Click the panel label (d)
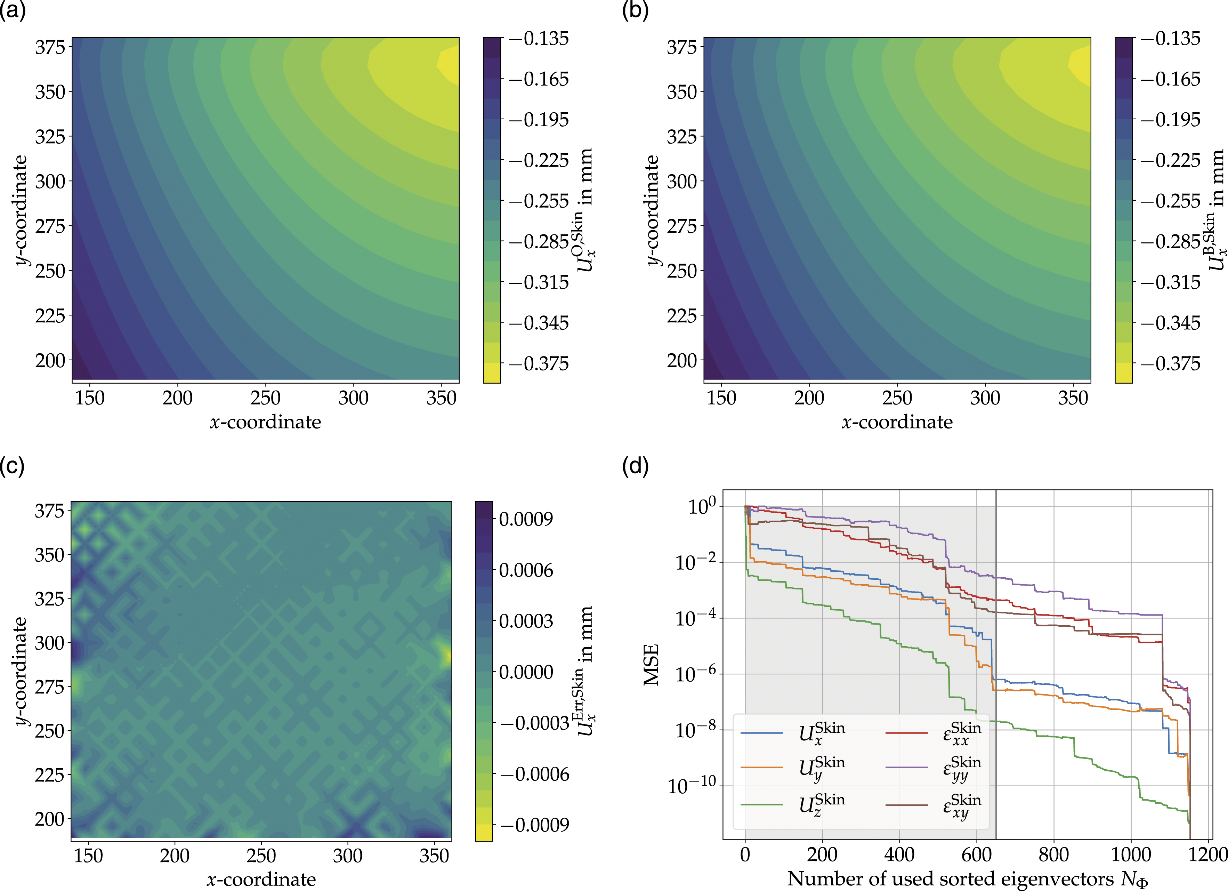(636, 466)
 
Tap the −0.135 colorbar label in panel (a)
(539, 39)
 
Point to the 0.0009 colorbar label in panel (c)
(526, 519)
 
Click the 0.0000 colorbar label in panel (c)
(526, 672)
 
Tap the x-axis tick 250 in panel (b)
(897, 398)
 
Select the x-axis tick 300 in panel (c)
(348, 856)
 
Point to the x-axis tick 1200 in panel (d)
(1208, 855)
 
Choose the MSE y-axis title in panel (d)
(651, 665)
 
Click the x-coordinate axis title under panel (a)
(265, 422)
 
